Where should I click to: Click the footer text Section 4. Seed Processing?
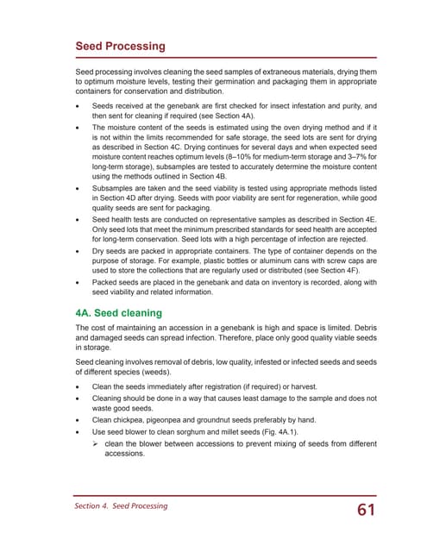point(121,505)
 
